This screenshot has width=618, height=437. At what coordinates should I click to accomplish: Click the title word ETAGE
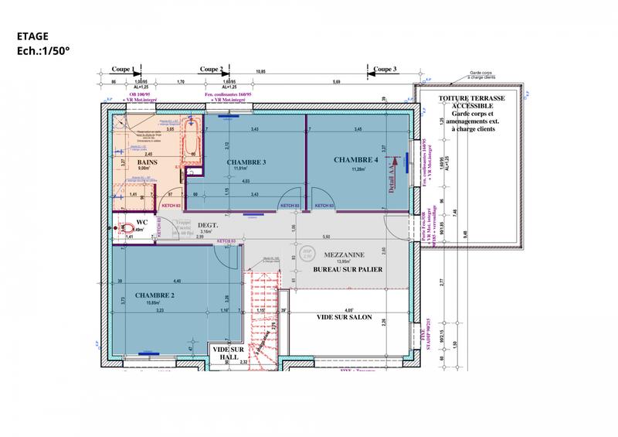32,36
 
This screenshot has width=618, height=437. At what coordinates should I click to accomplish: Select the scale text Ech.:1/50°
43,50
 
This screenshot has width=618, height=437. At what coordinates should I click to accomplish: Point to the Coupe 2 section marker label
211,69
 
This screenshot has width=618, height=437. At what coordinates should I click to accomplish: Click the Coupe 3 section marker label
384,69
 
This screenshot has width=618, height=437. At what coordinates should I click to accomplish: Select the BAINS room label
148,162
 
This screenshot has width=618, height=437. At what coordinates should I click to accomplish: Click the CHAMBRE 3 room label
246,162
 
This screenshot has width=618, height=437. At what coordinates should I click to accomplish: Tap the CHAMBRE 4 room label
356,159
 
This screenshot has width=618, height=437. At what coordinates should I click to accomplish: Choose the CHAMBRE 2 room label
154,295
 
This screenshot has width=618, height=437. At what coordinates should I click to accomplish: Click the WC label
141,222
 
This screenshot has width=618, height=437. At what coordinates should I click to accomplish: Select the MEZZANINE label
345,254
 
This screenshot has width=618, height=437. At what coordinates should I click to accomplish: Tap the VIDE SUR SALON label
344,317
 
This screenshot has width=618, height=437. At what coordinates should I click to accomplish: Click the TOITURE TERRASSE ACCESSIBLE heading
470,103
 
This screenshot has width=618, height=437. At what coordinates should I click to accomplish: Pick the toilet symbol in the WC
124,227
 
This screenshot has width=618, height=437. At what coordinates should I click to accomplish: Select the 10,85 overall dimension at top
260,72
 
